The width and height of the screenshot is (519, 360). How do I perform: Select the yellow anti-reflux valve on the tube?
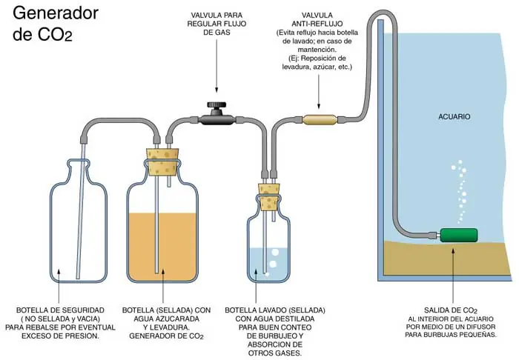319,119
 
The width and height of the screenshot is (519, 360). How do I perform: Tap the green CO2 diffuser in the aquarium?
458,235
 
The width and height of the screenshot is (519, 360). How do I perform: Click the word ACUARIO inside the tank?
454,117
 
